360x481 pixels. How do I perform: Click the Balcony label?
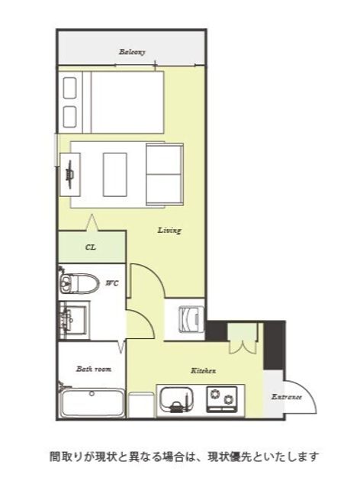click(132, 52)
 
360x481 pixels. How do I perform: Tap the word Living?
click(169, 230)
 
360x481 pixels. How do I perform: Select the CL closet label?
click(91, 247)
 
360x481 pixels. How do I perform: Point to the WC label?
click(112, 283)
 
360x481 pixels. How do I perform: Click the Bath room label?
click(94, 369)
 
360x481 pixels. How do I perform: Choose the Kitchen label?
click(204, 370)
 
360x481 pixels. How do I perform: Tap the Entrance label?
click(287, 397)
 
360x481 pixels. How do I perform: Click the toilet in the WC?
click(79, 282)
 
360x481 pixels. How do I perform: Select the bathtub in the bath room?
click(92, 403)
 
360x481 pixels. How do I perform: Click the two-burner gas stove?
click(222, 399)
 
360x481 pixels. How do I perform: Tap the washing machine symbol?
click(191, 318)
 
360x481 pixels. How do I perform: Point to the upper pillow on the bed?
click(69, 88)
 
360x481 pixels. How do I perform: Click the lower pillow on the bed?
click(69, 117)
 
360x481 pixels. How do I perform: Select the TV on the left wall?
click(70, 174)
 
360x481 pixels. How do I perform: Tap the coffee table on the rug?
click(115, 174)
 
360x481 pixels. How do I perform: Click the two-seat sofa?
click(165, 174)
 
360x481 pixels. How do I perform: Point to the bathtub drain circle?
click(92, 393)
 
